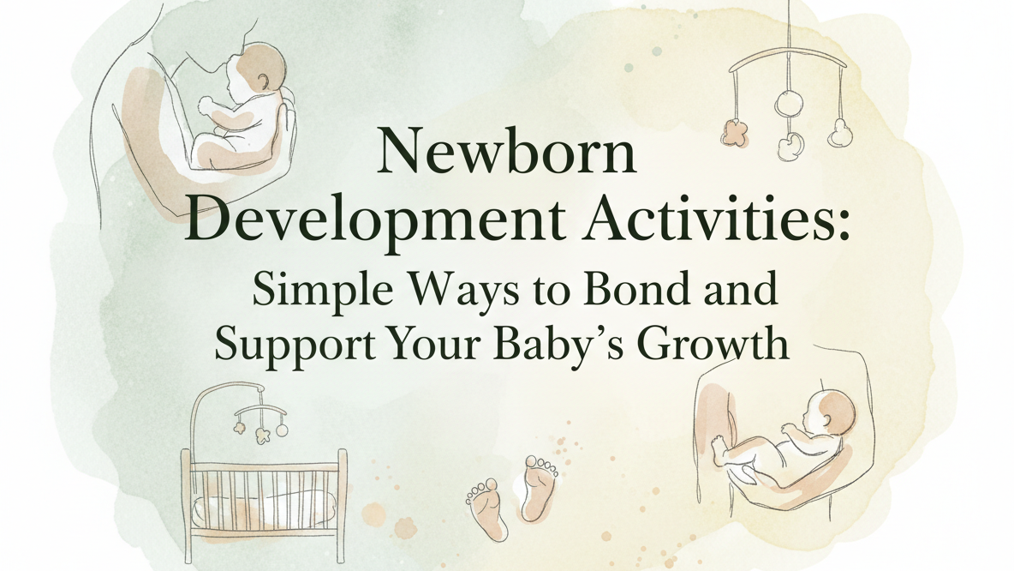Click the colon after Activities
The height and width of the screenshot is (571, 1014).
click(x=843, y=225)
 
